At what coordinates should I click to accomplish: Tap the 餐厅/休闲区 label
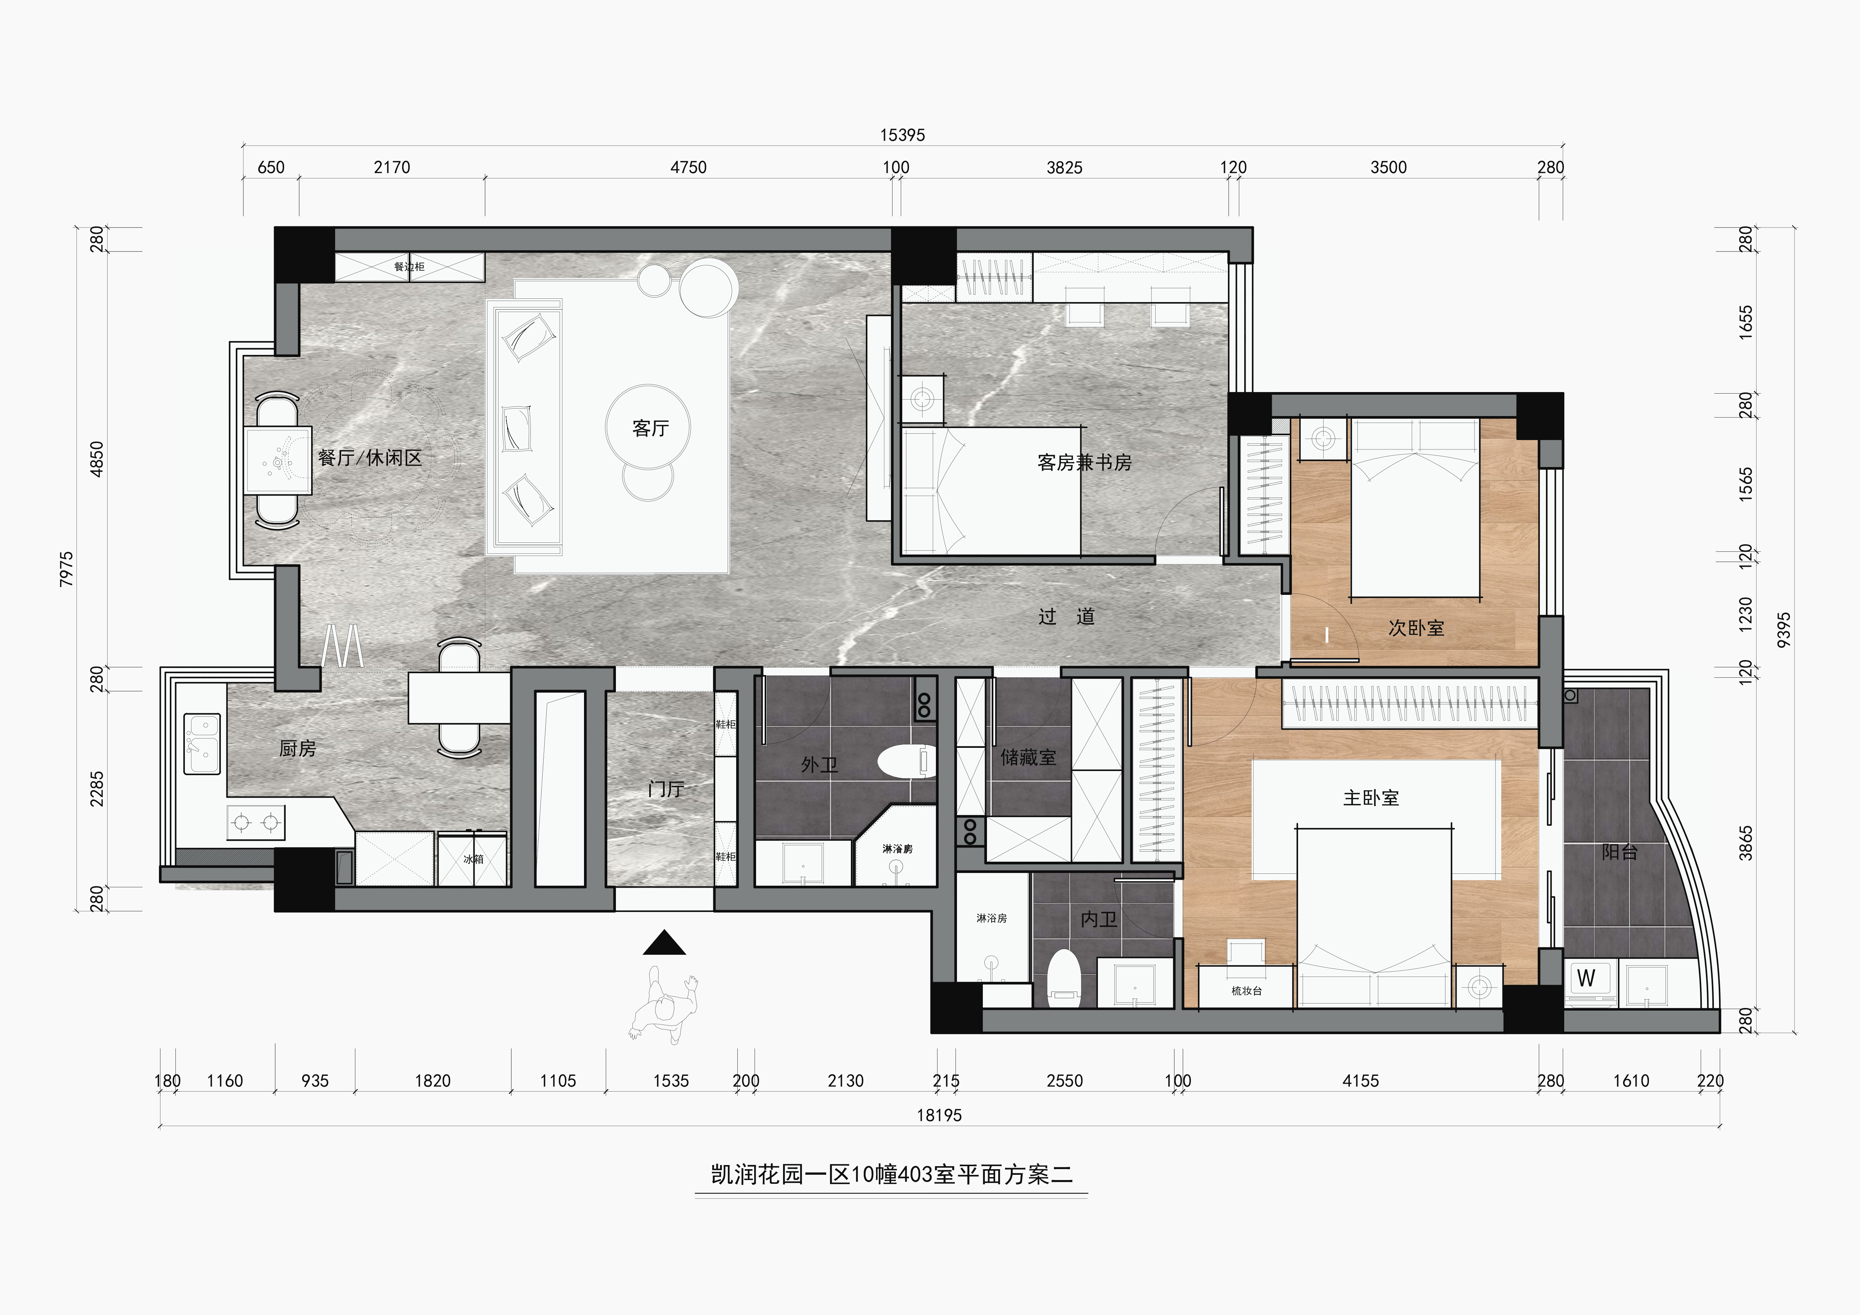point(370,458)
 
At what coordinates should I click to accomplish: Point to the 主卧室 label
point(1371,798)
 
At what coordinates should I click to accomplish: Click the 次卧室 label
point(1416,628)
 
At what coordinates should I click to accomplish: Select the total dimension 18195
point(939,1116)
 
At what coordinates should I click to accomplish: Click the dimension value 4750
point(689,168)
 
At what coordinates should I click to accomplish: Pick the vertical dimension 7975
point(66,569)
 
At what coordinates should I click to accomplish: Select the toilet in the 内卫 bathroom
point(1065,979)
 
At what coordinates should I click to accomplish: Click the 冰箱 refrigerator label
point(473,859)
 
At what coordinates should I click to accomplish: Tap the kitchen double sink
point(202,744)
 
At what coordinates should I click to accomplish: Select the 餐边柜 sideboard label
point(409,267)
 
